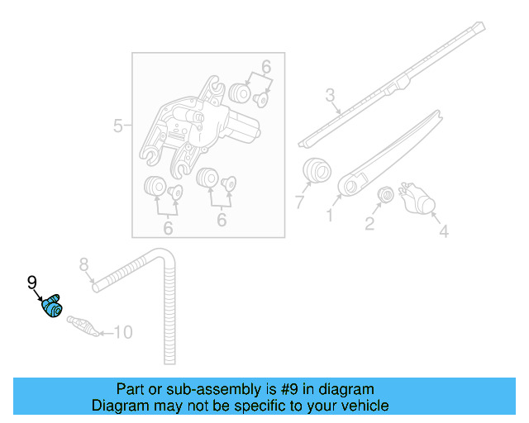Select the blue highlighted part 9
52,306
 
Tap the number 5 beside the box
117,126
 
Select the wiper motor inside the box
203,124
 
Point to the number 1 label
329,216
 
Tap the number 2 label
369,223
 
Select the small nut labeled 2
384,196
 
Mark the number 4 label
443,232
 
